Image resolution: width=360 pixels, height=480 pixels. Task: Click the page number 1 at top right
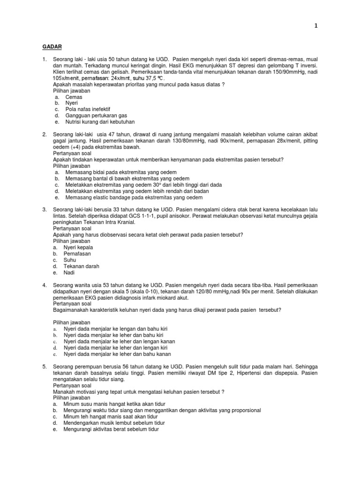[x=315, y=26]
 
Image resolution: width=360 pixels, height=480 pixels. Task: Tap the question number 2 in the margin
[x=44, y=134]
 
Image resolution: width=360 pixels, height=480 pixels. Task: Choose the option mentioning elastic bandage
[x=124, y=197]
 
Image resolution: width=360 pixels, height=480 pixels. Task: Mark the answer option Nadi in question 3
[x=69, y=272]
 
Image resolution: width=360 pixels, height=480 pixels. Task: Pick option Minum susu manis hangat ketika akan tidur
[x=114, y=404]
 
